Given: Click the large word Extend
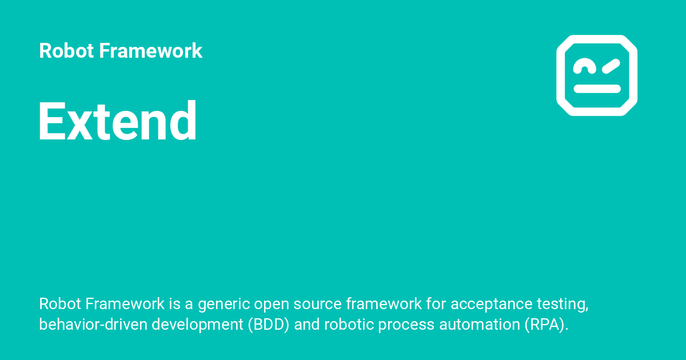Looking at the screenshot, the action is [x=117, y=121].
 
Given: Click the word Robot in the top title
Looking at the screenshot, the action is [x=66, y=50].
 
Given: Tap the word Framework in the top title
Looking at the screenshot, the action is [x=150, y=50].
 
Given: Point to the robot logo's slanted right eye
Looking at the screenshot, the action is [x=611, y=66].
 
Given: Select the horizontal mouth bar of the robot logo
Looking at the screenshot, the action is [x=597, y=89].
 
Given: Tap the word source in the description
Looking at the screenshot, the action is [x=318, y=304].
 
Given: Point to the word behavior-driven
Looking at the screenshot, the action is [x=93, y=325].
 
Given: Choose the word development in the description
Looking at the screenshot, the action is [x=198, y=325].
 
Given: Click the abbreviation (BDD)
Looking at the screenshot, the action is [x=269, y=325].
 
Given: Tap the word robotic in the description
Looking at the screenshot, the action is [x=349, y=325].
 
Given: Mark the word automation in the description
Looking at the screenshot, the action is [x=480, y=325].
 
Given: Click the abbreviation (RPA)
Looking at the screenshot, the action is [x=547, y=325].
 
